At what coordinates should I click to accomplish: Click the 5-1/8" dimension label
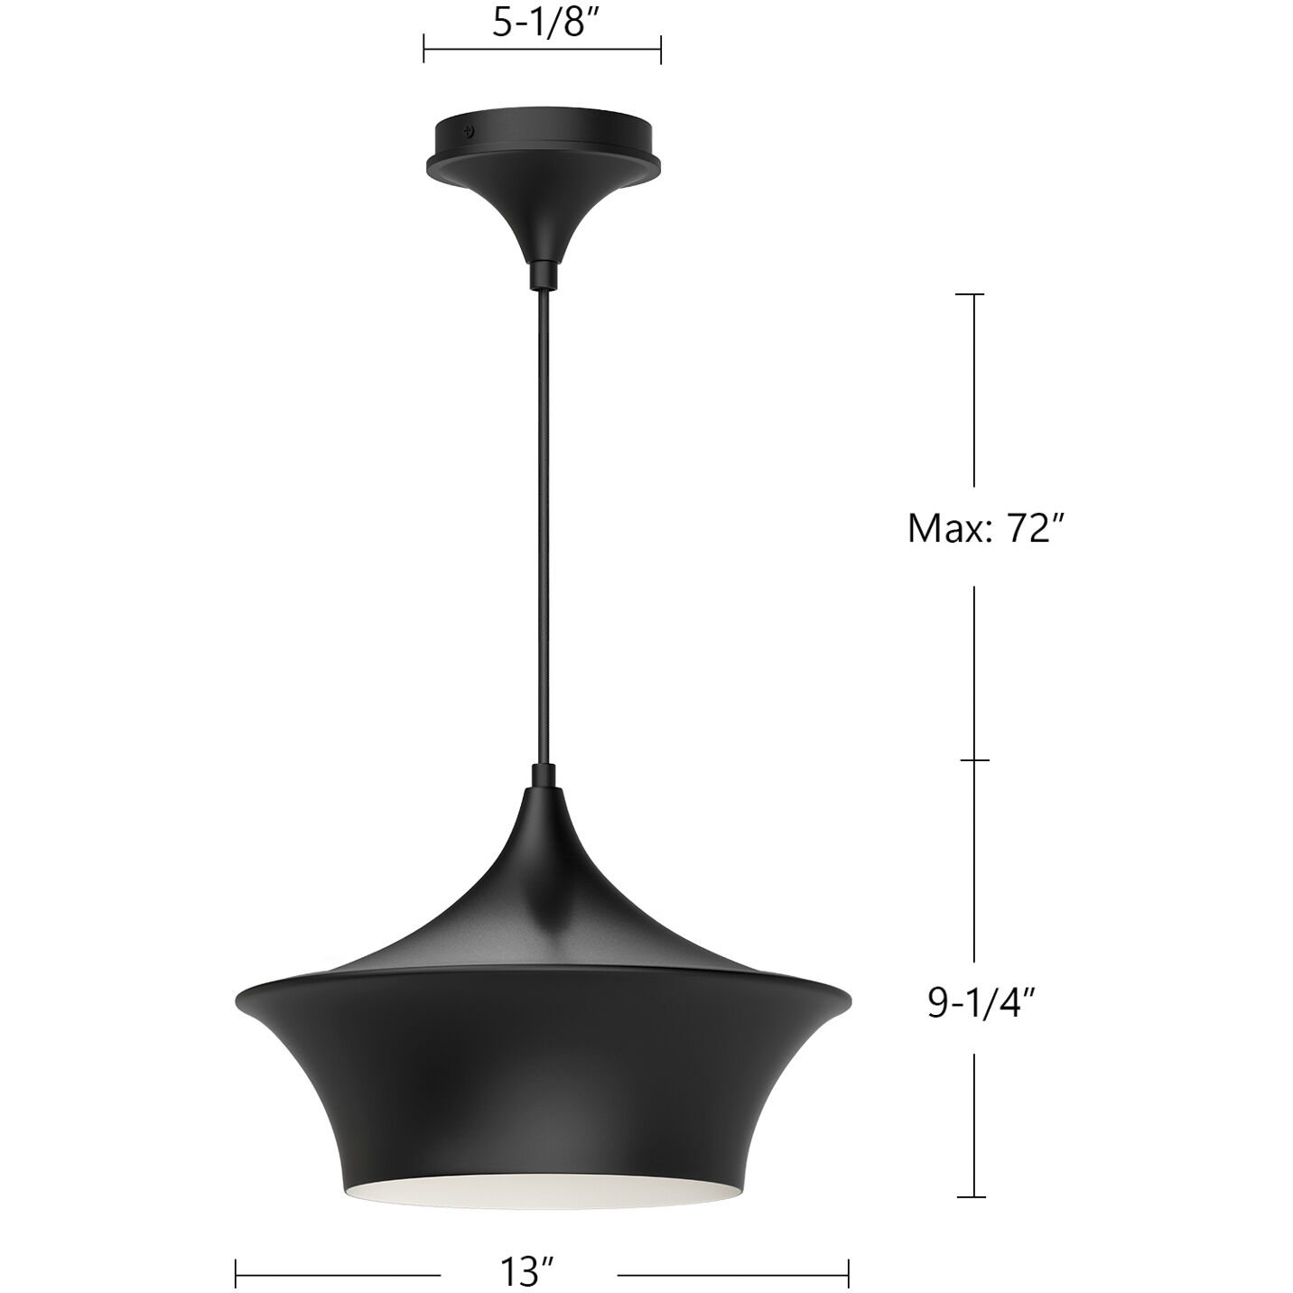541,24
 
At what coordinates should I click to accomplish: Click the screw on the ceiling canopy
467,131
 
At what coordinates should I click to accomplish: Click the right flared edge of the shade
837,999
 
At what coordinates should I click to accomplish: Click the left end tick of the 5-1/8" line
424,49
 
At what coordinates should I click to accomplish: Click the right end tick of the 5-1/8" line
661,49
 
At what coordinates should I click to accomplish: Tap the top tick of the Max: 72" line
972,295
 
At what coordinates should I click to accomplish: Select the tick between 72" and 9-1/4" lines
972,760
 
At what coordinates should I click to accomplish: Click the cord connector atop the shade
543,773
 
